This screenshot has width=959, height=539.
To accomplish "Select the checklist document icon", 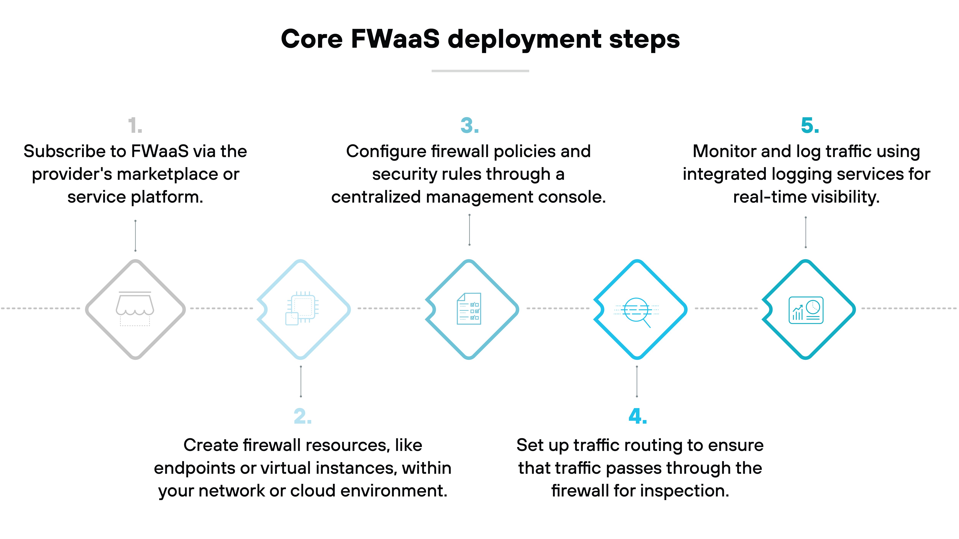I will click(x=469, y=309).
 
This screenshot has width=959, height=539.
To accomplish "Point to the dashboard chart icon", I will click(x=806, y=310).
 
